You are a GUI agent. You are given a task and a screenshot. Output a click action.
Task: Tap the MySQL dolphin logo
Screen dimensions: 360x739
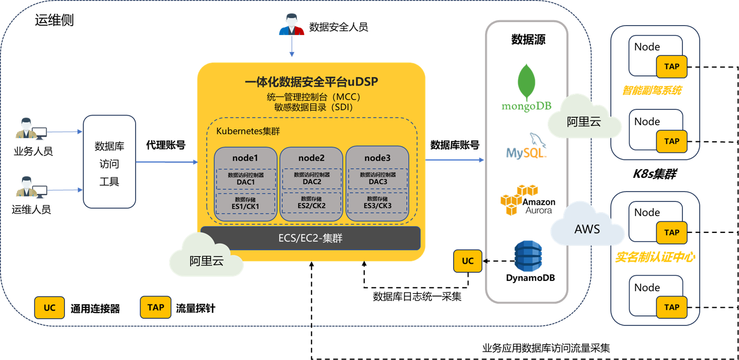coord(526,147)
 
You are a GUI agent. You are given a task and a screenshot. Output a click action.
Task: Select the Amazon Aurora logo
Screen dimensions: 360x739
coord(526,200)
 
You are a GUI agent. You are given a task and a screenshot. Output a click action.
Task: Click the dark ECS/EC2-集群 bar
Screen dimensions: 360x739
coord(311,239)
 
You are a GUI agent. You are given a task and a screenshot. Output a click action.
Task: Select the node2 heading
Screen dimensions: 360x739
coord(311,157)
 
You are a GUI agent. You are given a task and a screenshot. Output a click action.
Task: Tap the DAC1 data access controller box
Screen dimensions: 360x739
coord(245,178)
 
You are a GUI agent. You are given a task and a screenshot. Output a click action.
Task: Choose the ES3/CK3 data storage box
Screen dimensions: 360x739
coord(377,203)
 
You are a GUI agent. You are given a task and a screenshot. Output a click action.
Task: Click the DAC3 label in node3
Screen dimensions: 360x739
coord(377,182)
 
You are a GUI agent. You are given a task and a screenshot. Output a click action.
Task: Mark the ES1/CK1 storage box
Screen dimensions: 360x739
coord(245,203)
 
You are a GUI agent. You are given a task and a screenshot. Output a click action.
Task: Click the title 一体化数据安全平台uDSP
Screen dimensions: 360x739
coord(311,82)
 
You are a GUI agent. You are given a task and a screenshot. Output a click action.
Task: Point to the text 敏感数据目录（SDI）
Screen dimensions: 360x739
coord(311,107)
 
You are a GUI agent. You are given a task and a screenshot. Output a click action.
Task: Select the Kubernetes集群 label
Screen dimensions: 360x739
coord(245,131)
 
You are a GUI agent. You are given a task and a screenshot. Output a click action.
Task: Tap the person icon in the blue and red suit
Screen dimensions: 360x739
coord(292,25)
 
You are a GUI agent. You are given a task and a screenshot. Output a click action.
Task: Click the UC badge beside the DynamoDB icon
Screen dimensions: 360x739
coord(467,261)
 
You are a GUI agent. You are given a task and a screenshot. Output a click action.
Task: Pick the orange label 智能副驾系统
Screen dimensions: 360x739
coord(651,90)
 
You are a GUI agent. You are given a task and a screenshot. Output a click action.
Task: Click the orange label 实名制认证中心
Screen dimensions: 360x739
coord(655,257)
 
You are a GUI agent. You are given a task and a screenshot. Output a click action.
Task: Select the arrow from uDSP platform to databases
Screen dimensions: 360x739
coord(454,159)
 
